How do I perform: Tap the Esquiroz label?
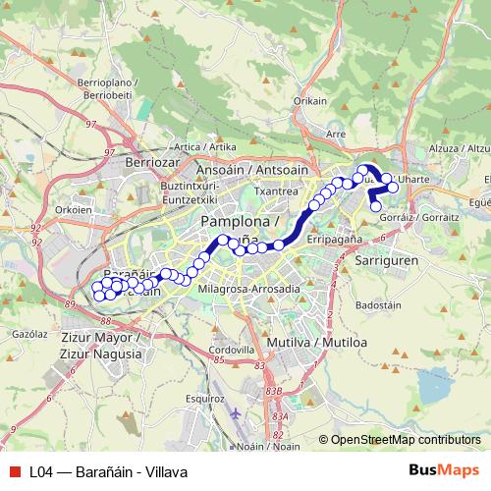point(204,399)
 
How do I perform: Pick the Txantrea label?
point(276,191)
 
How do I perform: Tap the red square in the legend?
point(13,471)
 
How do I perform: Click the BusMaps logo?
point(443,470)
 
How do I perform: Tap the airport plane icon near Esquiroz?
point(235,412)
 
